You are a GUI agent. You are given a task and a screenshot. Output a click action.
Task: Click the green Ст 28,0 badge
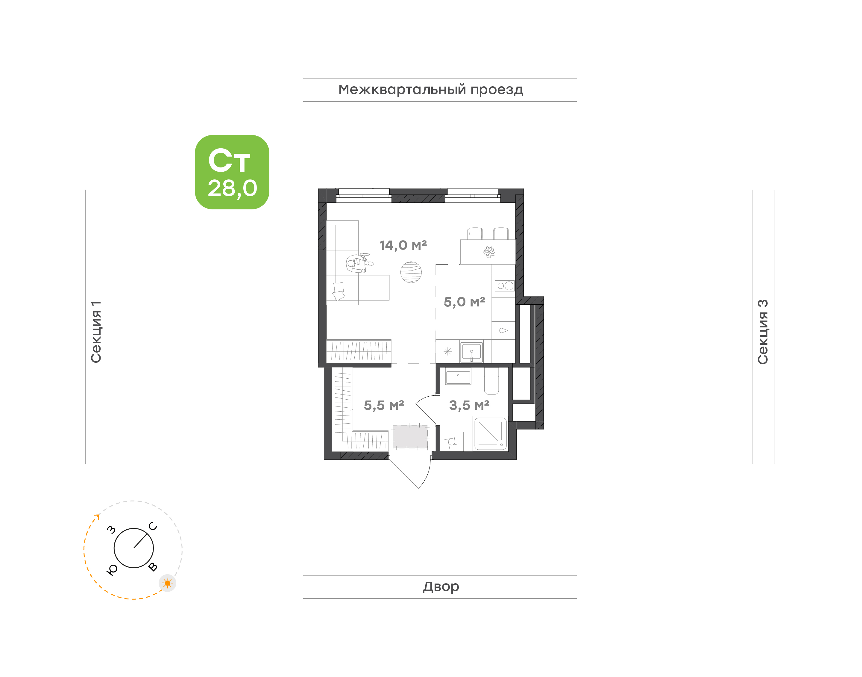pos(232,172)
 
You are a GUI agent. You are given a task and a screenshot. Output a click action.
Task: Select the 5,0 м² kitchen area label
pos(464,302)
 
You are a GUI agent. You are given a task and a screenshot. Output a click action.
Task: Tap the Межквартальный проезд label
pos(430,90)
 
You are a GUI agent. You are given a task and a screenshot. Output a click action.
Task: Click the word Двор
pos(441,587)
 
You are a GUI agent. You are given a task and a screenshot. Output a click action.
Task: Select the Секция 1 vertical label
pos(96,332)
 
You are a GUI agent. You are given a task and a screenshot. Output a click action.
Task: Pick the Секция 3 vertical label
pos(763,332)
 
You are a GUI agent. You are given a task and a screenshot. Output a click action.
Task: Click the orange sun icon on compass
pos(168,583)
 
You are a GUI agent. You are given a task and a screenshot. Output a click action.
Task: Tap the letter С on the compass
pos(153,526)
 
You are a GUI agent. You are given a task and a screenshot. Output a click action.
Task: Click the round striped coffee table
pos(411,272)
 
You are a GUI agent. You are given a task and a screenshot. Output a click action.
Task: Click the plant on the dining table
pos(489,252)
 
